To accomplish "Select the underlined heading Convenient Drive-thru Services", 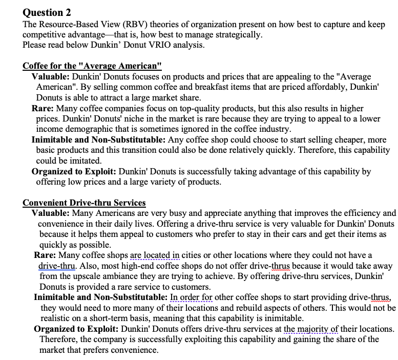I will (84, 203).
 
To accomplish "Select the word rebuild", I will (269, 308).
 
